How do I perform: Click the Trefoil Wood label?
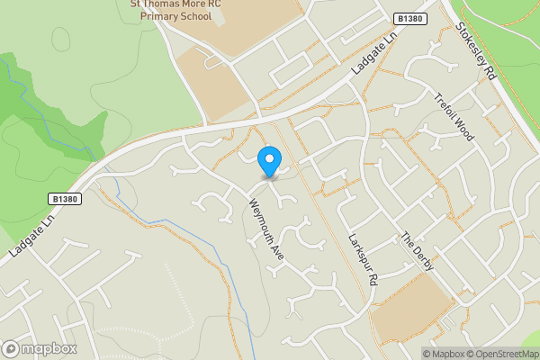[x=453, y=116]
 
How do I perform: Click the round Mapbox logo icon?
[x=12, y=348]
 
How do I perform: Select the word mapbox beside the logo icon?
[x=50, y=348]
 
